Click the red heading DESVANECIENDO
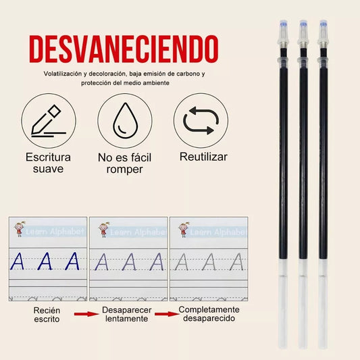(124, 49)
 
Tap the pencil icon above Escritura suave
(49, 121)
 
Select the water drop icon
(126, 120)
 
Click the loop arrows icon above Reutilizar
(201, 120)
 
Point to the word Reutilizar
(203, 157)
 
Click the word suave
(48, 169)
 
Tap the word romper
(125, 170)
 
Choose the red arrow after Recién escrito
(86, 314)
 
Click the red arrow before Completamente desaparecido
(167, 314)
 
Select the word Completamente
(209, 309)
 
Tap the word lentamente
(127, 318)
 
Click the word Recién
(47, 310)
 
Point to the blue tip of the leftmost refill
(284, 24)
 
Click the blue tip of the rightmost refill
(324, 24)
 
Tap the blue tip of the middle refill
(303, 24)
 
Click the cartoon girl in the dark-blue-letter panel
(20, 229)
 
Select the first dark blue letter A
(18, 261)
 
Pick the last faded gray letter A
(236, 261)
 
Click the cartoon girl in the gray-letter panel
(184, 230)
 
